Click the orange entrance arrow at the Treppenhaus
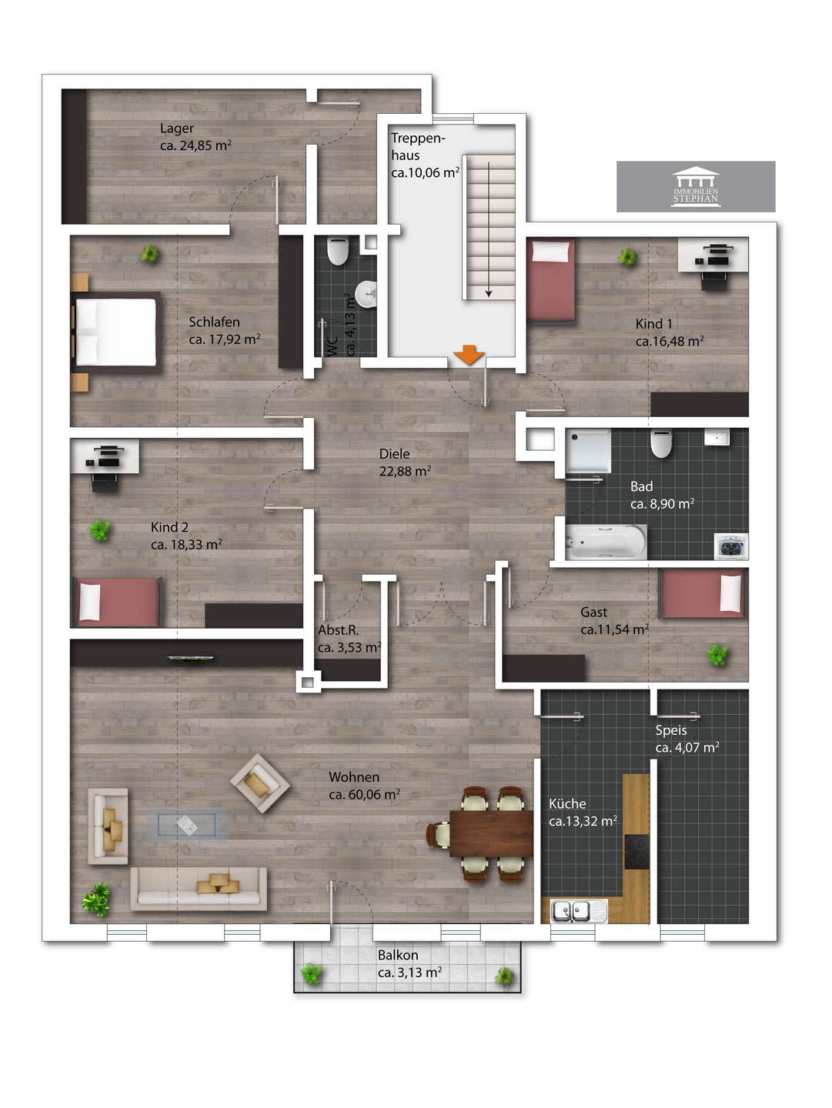(x=469, y=355)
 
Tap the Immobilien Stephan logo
(x=695, y=186)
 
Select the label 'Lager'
(x=177, y=128)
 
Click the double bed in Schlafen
(x=117, y=332)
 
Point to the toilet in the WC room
(x=336, y=252)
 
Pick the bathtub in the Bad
(x=606, y=542)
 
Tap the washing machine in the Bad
(x=731, y=546)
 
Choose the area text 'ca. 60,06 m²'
(x=365, y=794)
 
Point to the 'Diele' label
(x=394, y=453)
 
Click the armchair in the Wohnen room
(x=260, y=783)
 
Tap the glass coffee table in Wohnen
(x=187, y=825)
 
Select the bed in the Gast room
(x=702, y=593)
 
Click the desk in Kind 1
(x=713, y=255)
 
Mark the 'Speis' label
(x=671, y=730)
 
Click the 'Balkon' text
(x=398, y=955)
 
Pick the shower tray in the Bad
(x=588, y=452)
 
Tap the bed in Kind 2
(x=117, y=602)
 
